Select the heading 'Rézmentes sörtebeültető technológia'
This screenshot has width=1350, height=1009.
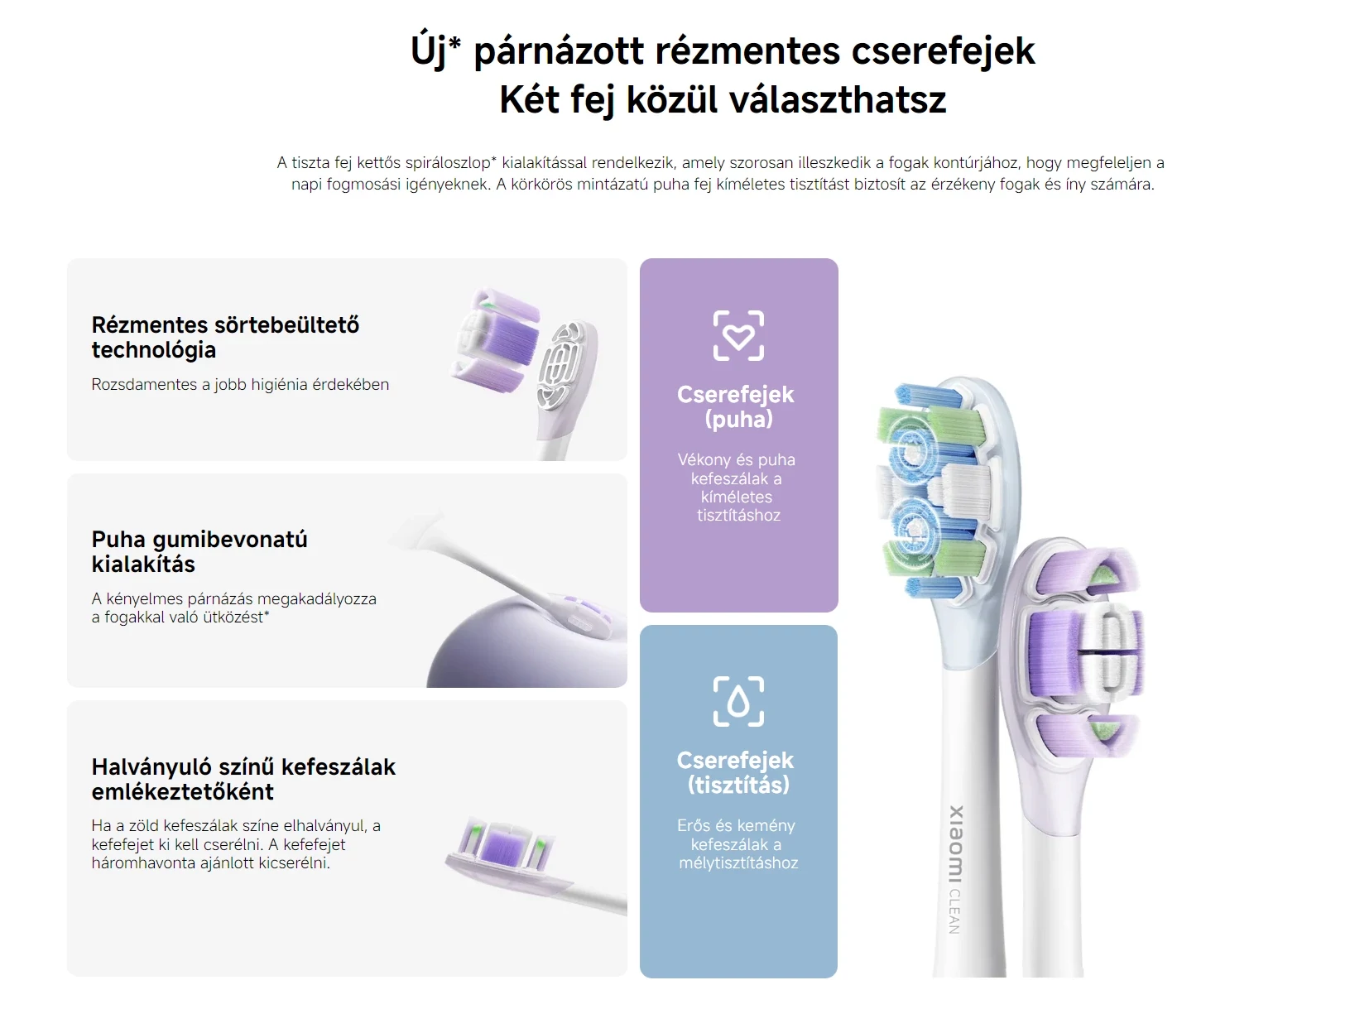pos(225,337)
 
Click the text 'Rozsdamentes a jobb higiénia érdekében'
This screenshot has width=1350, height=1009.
pos(240,385)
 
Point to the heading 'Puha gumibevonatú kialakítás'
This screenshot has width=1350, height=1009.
pos(199,551)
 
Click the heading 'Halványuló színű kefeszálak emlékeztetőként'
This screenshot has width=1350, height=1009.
pos(243,779)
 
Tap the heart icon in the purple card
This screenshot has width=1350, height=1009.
pos(738,335)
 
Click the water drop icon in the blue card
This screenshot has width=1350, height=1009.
pos(738,701)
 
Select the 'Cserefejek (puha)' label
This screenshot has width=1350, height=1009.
pos(735,406)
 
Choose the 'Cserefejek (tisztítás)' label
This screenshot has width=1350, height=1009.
pos(735,772)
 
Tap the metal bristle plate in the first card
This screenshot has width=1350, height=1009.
pos(562,364)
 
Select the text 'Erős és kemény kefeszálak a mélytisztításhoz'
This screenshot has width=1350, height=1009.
pos(737,844)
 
